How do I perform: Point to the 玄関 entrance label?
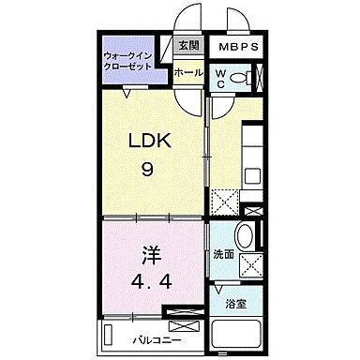(188, 46)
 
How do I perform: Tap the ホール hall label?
(188, 72)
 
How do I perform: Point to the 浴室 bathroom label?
(236, 305)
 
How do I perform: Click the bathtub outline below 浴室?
(236, 334)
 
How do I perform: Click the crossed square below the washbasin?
(250, 265)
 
